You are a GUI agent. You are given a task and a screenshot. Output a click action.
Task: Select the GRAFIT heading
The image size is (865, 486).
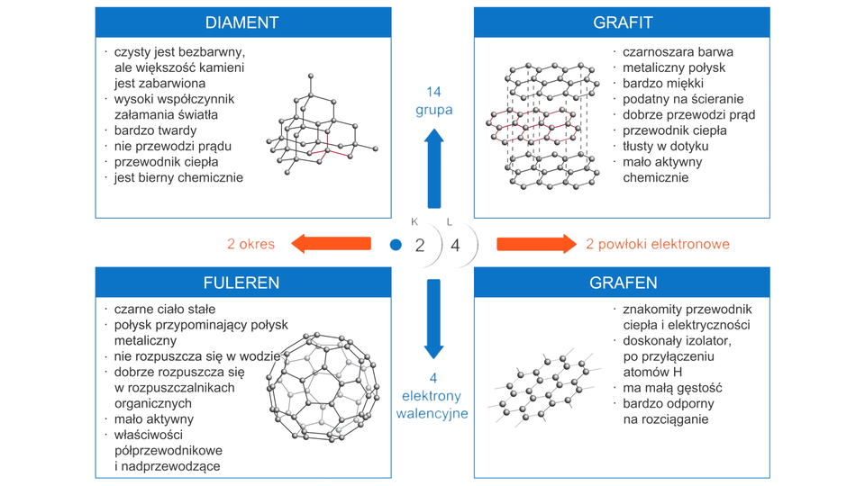click(x=623, y=22)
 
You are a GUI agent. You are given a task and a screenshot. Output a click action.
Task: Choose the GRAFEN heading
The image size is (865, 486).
click(x=623, y=283)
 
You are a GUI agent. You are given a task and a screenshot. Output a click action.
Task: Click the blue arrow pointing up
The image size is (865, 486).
click(x=434, y=166)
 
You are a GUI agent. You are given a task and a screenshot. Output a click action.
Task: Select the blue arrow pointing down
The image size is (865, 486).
click(x=434, y=319)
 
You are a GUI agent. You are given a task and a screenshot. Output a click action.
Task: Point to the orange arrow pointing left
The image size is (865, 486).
click(x=331, y=244)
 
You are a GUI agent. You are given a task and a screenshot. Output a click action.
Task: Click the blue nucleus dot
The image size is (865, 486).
click(x=396, y=245)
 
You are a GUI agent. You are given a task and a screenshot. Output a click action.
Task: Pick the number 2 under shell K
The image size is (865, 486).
click(x=419, y=245)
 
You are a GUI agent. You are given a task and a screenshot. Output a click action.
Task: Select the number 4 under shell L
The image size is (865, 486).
click(x=455, y=245)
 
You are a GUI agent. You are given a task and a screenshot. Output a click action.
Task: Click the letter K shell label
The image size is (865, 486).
click(x=414, y=222)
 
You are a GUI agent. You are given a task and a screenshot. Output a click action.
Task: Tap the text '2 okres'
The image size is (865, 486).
click(x=251, y=244)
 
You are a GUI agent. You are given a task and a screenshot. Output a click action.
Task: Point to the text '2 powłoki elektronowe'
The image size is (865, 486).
click(x=658, y=244)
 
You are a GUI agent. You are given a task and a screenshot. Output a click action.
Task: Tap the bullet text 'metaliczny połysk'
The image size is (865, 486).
click(x=674, y=67)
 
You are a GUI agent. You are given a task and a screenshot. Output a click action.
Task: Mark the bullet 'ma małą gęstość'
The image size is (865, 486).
click(x=672, y=388)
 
